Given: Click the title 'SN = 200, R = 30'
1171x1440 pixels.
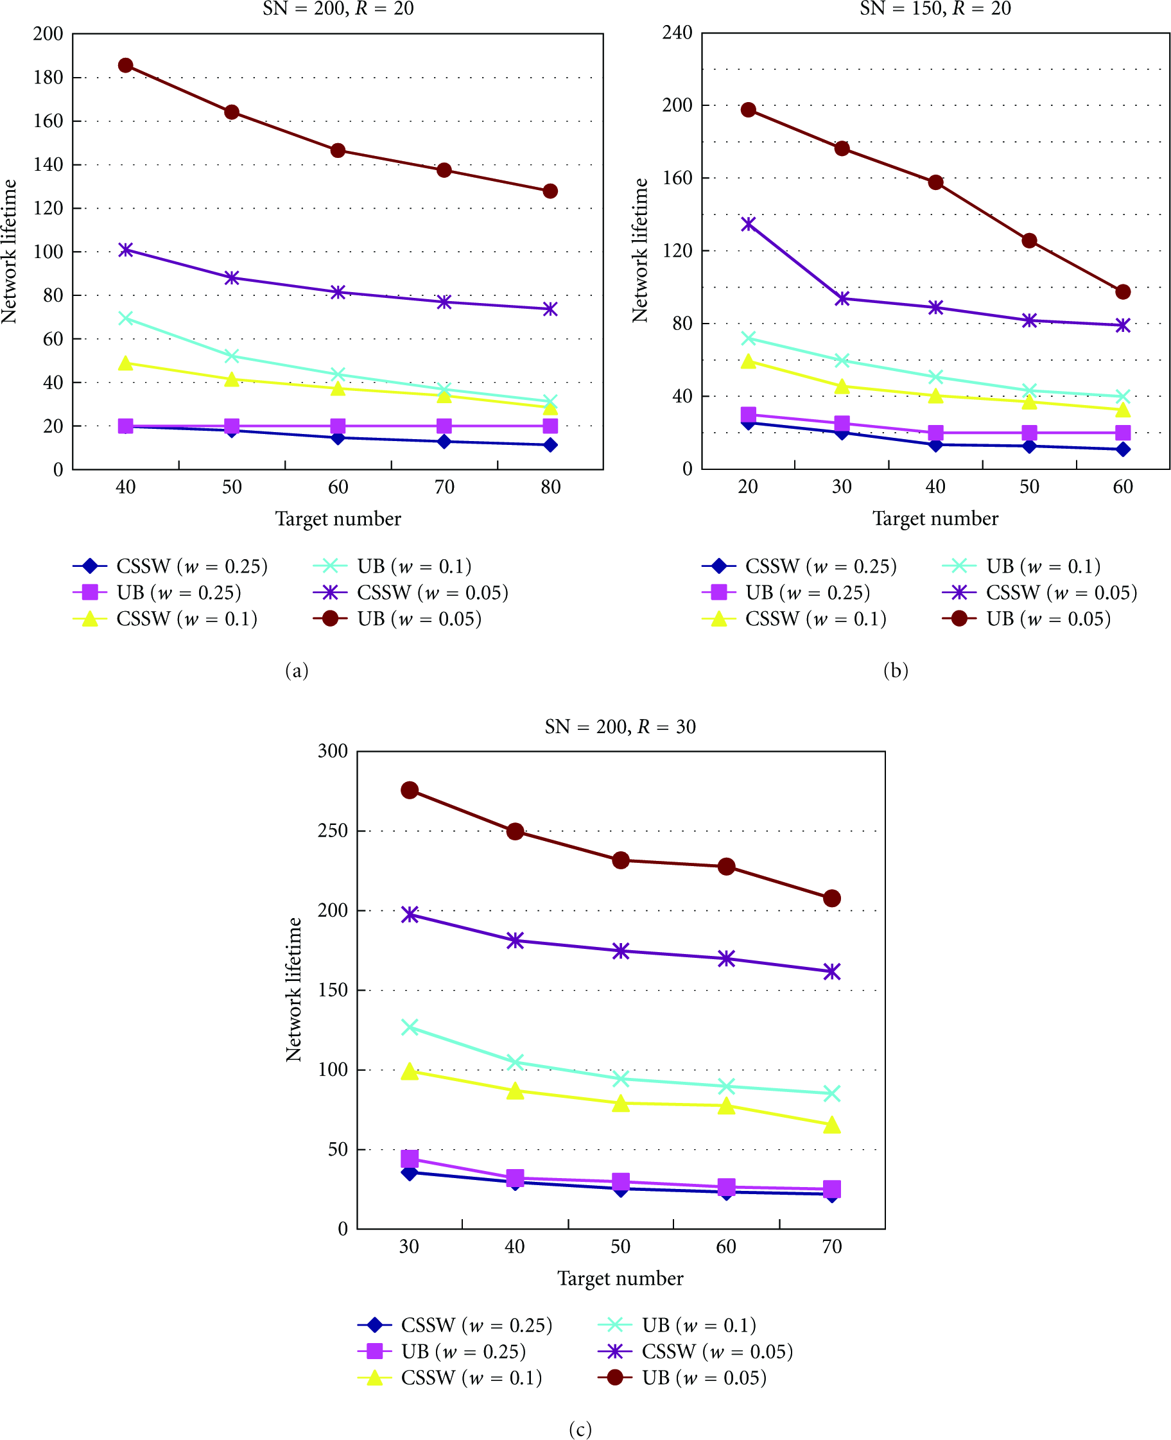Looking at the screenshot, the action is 620,726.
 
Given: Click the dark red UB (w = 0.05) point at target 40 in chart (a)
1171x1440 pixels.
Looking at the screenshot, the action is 125,65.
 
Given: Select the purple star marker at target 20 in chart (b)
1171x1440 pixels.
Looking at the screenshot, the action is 748,224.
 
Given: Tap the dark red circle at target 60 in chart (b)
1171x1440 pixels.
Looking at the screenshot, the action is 1122,292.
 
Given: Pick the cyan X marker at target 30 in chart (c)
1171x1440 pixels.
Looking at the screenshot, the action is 410,1027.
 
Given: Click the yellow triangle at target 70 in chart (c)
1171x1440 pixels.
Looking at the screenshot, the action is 832,1124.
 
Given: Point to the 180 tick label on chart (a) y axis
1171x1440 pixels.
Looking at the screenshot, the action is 48,78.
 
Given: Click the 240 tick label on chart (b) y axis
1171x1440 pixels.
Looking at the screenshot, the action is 677,32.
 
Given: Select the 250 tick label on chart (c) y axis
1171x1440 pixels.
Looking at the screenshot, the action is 333,830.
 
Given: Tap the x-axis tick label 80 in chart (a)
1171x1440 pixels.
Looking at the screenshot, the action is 550,487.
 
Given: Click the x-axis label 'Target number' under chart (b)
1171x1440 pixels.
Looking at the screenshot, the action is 935,518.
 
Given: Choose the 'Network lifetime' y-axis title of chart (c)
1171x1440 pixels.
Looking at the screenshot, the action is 293,989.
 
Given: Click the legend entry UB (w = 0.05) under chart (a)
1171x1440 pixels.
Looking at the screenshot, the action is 397,618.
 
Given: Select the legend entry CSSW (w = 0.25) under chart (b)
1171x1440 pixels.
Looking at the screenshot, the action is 799,566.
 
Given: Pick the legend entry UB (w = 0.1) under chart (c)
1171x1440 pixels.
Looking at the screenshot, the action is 677,1324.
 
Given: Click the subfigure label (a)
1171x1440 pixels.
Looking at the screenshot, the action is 297,670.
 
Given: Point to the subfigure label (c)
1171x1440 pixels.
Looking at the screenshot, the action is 580,1428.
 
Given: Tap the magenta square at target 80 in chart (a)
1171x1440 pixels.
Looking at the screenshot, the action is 550,426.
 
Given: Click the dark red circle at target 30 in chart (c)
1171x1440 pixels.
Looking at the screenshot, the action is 410,790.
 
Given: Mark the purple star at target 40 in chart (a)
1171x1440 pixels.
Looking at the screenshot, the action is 125,250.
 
